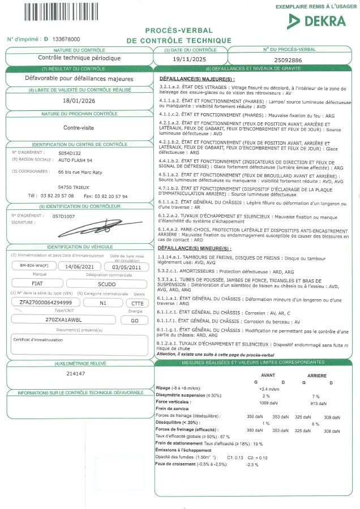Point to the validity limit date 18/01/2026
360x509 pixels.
point(79,100)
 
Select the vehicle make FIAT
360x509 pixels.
point(37,283)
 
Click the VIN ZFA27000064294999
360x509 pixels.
point(42,302)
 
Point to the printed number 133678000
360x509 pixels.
point(66,39)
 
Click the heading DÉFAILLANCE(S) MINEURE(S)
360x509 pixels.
point(194,248)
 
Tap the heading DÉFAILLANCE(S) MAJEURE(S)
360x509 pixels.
point(196,79)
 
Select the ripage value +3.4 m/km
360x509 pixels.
point(269,389)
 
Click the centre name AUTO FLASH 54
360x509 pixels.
point(75,160)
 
